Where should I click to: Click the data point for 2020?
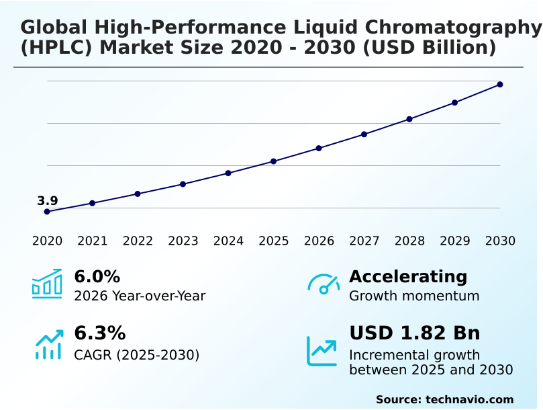point(47,212)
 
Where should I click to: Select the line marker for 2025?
point(274,161)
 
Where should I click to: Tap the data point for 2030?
point(500,85)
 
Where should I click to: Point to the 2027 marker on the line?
point(364,134)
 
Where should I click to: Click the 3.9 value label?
point(48,201)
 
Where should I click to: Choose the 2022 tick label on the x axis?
point(138,241)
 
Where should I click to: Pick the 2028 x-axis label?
point(409,241)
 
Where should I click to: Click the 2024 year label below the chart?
point(228,241)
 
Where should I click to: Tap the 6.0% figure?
point(97,277)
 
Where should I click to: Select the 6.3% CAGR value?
point(99,333)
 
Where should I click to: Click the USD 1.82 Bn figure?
point(414,333)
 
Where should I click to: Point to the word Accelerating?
point(408,277)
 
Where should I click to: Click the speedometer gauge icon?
point(324,284)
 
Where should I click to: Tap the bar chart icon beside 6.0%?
point(47,284)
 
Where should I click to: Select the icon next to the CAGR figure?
point(49,344)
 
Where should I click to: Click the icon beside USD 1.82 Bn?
point(322,351)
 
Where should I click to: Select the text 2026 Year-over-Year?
point(140,296)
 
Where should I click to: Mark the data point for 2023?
point(183,184)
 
